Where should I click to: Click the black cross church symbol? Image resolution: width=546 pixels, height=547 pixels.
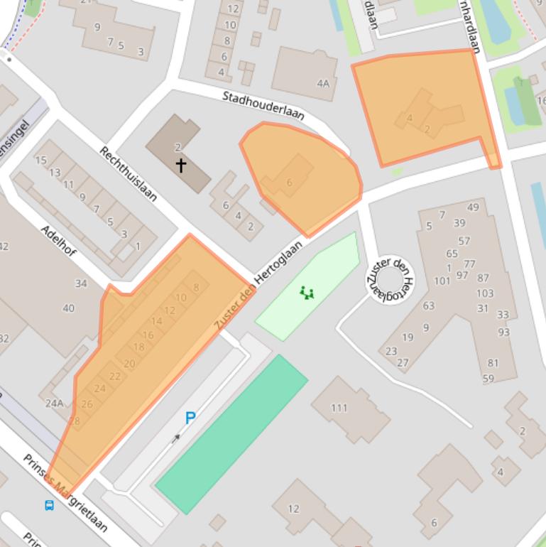(x=181, y=166)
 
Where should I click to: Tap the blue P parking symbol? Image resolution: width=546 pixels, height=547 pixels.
(x=190, y=418)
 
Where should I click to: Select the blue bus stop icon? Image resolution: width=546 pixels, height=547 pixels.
(x=49, y=506)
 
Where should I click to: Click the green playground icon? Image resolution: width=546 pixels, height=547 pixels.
(x=307, y=292)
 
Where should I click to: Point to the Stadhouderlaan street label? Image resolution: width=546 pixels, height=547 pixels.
(x=263, y=106)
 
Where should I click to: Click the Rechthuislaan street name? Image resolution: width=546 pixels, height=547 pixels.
(x=128, y=173)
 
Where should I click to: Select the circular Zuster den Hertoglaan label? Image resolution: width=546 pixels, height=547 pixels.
(x=388, y=278)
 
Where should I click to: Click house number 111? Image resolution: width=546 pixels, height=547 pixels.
(x=339, y=407)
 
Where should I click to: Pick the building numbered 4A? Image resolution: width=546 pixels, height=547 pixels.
(x=323, y=83)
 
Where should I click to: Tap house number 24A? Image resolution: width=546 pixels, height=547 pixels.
(x=54, y=404)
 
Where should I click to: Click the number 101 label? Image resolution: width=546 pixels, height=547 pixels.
(x=442, y=281)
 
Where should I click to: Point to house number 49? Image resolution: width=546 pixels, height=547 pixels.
(x=473, y=207)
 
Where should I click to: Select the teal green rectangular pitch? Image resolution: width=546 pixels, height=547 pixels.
(x=231, y=434)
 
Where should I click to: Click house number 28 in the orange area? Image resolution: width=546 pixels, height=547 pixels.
(x=74, y=420)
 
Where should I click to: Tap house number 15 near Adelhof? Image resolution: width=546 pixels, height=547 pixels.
(x=40, y=161)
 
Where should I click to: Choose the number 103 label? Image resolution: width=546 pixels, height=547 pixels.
(x=485, y=293)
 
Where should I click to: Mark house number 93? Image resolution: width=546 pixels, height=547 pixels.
(x=504, y=332)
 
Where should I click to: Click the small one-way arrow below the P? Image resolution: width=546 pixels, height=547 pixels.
(x=175, y=438)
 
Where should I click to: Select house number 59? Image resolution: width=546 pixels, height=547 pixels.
(x=488, y=379)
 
